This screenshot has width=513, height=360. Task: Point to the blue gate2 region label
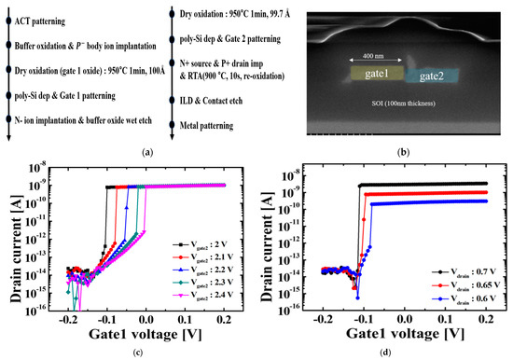point(429,76)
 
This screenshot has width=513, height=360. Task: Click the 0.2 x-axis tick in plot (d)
point(494,319)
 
